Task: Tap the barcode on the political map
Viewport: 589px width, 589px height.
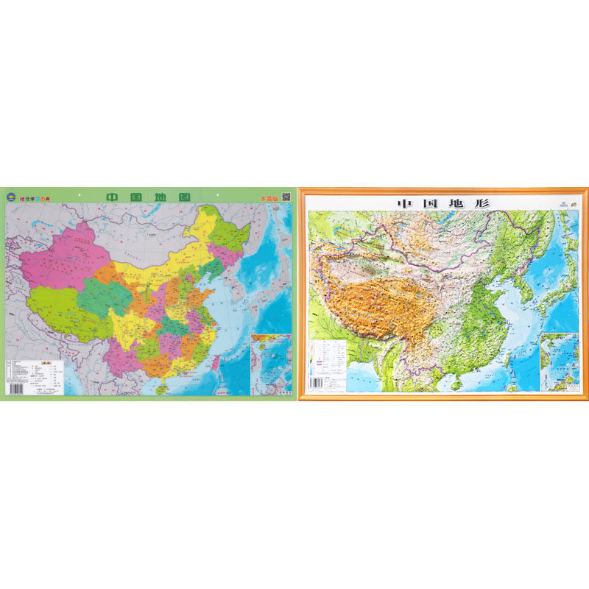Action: (16, 386)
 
